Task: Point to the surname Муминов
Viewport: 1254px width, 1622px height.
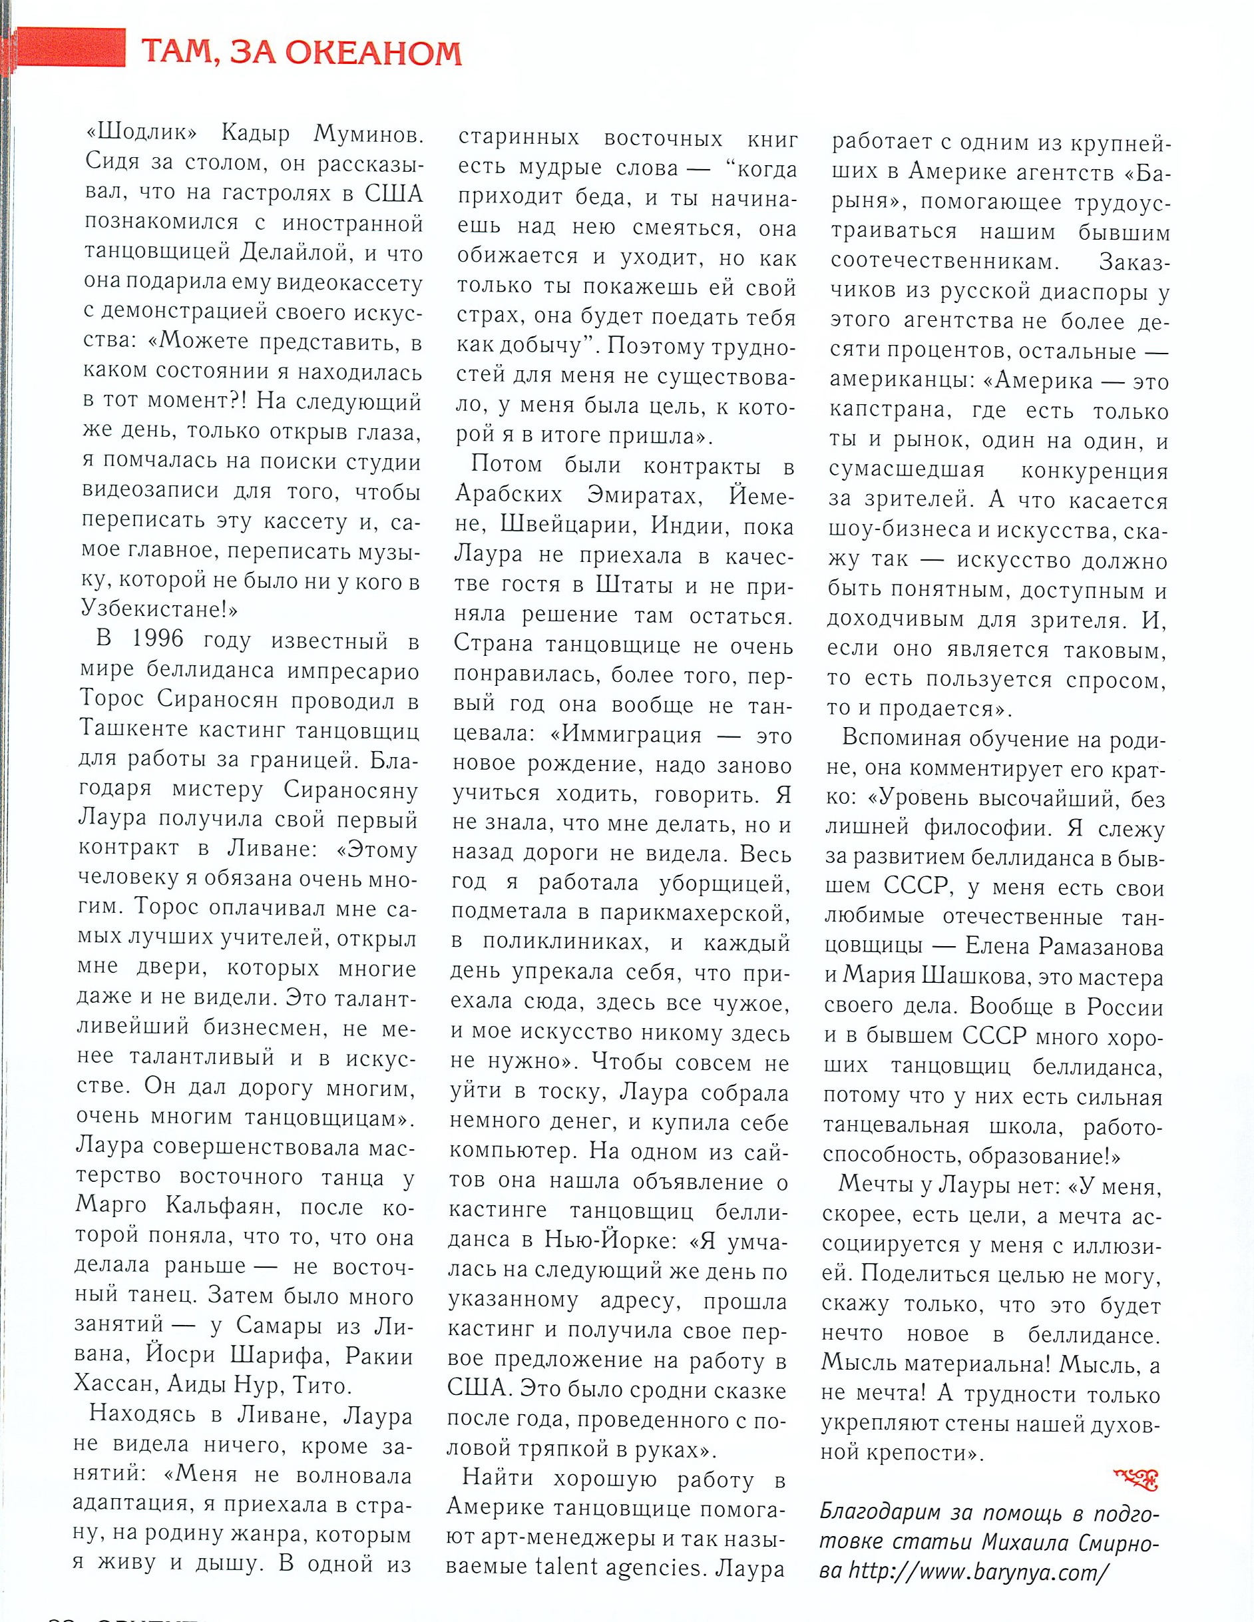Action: (x=368, y=134)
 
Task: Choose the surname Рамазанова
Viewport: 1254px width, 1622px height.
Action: (x=1102, y=947)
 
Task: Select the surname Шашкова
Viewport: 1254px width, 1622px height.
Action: (x=976, y=977)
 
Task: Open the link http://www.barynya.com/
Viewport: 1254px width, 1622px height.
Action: (x=979, y=1571)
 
